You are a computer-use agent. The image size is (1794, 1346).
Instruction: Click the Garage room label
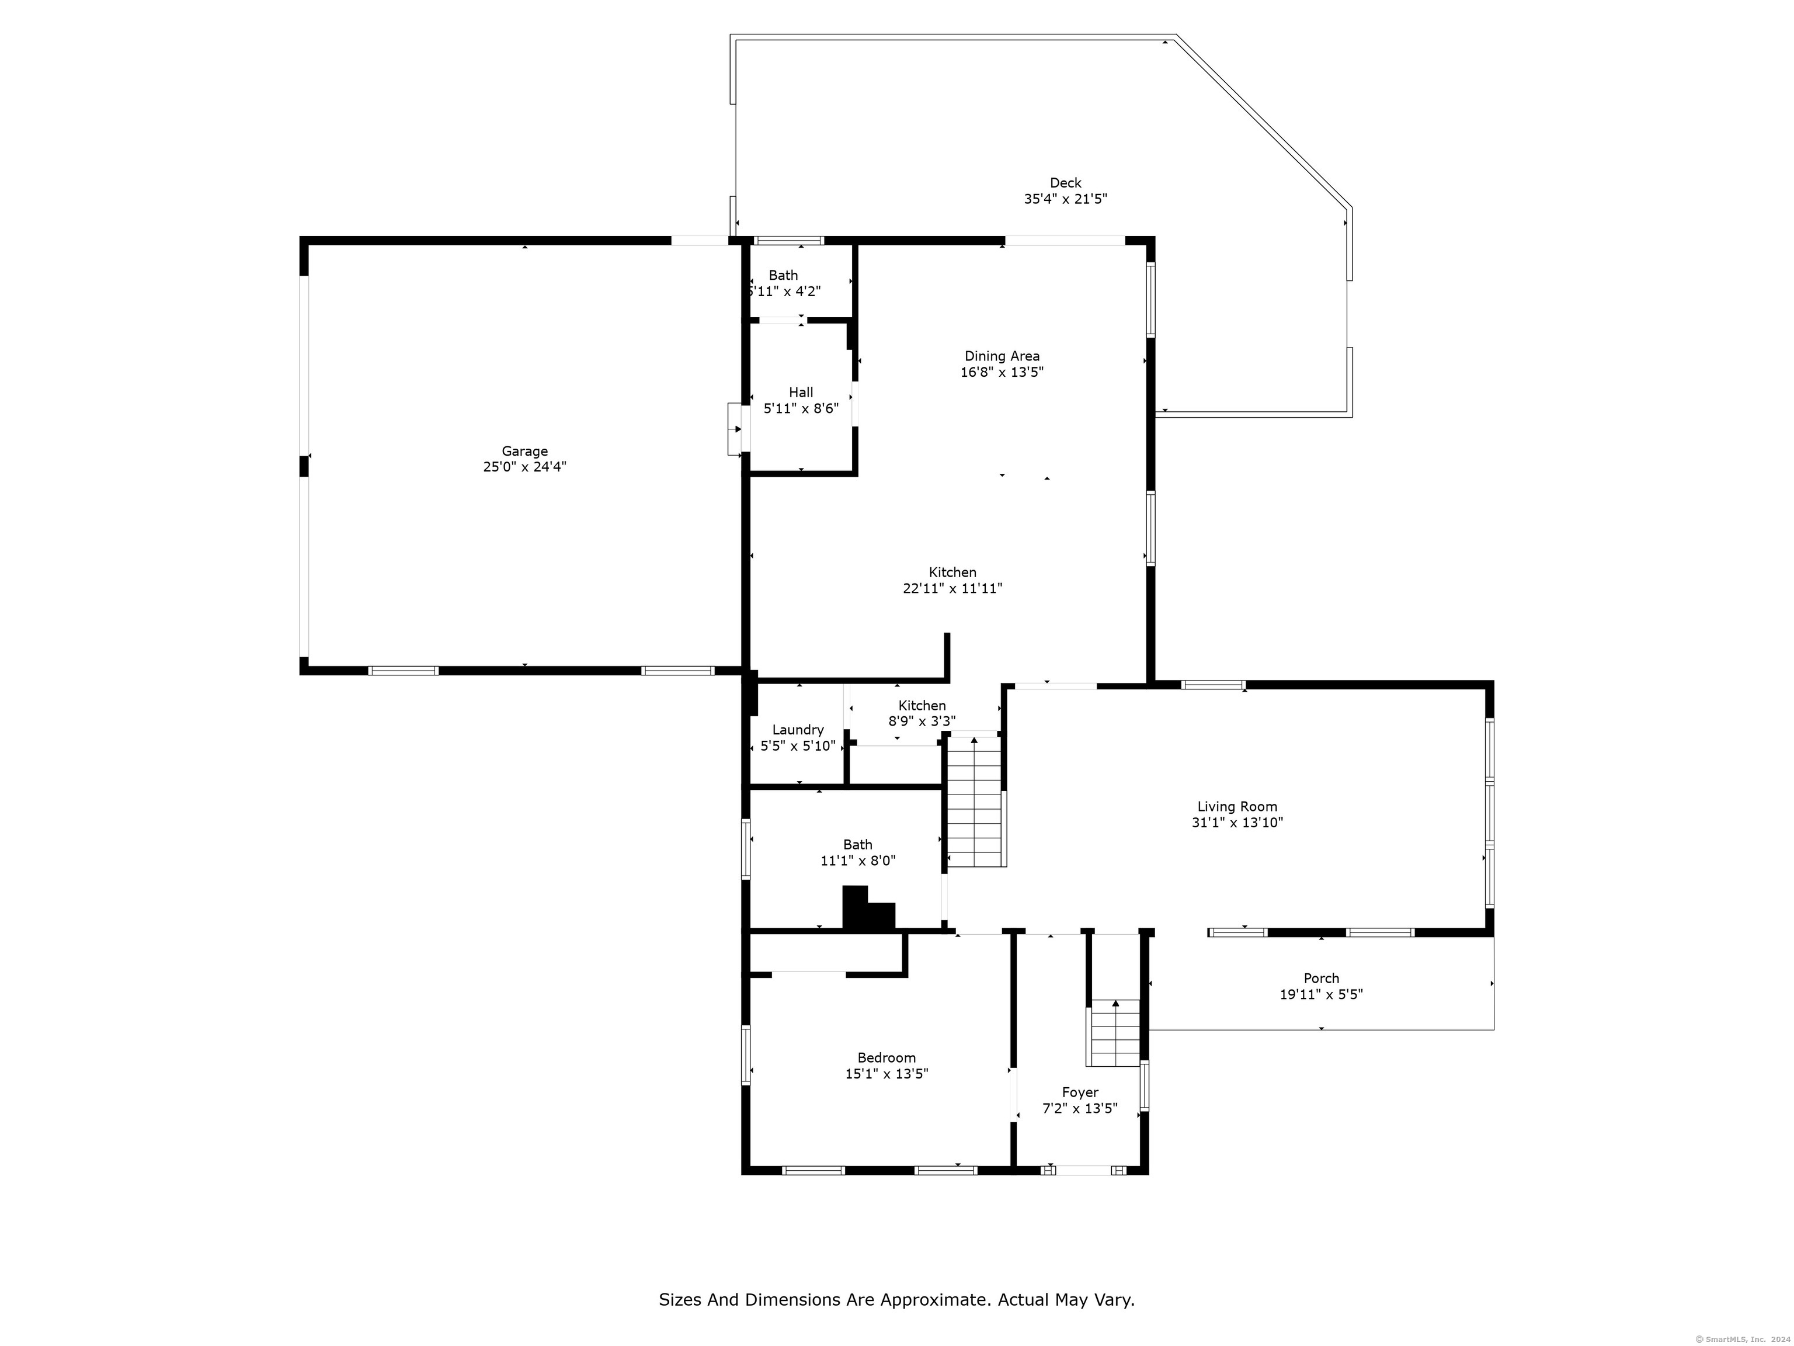tap(525, 451)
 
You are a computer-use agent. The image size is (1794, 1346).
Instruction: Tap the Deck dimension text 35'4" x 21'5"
tap(1065, 199)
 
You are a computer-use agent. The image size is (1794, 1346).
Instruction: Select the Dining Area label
tap(1002, 356)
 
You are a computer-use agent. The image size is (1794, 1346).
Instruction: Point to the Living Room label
tap(1237, 806)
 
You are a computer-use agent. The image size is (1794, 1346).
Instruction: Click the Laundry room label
tap(798, 730)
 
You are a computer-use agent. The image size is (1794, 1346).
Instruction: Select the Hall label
tap(801, 393)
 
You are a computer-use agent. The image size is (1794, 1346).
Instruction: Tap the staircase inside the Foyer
tap(1115, 1033)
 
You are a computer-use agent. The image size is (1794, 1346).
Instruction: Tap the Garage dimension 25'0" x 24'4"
tap(525, 467)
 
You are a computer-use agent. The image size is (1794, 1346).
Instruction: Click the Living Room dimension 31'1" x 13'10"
tap(1237, 823)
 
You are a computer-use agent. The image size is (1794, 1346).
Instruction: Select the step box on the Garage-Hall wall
tap(735, 429)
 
